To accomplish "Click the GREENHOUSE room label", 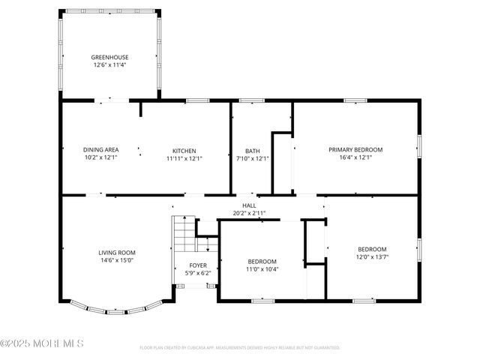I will click(x=109, y=57).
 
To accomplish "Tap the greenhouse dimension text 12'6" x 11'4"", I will click(x=109, y=65).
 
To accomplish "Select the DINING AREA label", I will click(x=100, y=150).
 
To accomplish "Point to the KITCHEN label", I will click(x=184, y=150).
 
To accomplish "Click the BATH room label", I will click(x=252, y=150).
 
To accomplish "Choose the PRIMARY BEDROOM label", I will click(x=355, y=149).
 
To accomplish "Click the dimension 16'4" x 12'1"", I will click(x=355, y=157).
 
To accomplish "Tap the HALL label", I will click(x=249, y=205).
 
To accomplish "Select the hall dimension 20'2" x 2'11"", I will click(x=249, y=213).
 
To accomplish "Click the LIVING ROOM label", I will click(x=117, y=253).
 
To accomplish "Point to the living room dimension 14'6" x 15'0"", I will click(x=117, y=261).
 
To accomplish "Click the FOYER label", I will click(x=198, y=265).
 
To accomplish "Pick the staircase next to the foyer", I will click(x=184, y=236).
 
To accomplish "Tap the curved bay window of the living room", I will click(x=116, y=307).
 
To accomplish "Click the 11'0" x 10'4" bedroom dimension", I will click(x=262, y=269).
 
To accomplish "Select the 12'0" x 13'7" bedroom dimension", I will click(x=372, y=257).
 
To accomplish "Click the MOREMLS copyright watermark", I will click(x=42, y=343).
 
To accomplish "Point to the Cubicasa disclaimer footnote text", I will click(x=240, y=348).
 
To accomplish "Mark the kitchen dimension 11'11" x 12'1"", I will click(x=184, y=158).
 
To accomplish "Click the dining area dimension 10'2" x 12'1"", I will click(x=100, y=158).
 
